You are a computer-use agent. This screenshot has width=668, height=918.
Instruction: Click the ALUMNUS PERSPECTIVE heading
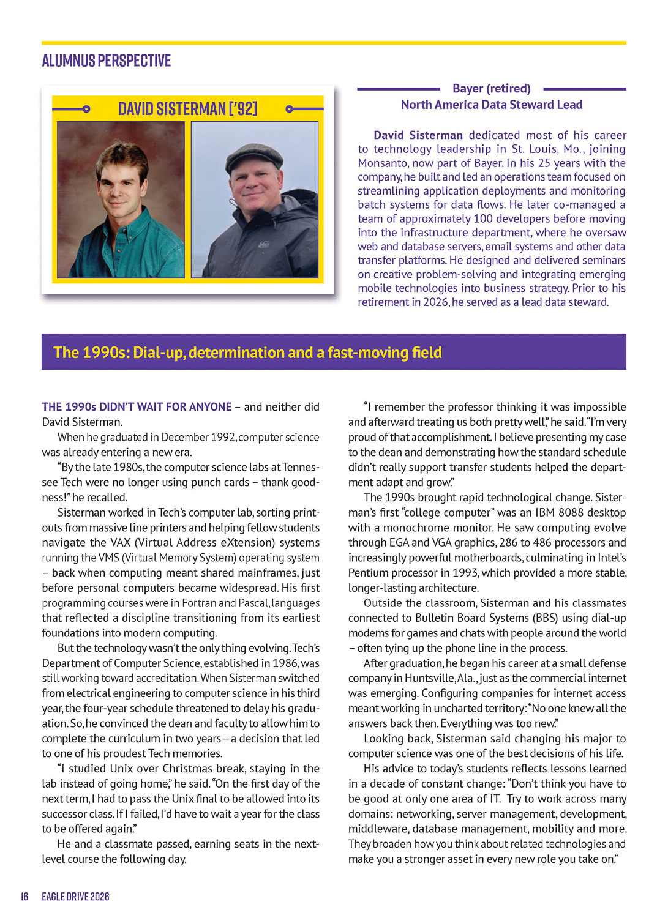pyautogui.click(x=106, y=61)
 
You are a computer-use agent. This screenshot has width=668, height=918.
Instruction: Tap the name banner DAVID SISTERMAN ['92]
pyautogui.click(x=187, y=109)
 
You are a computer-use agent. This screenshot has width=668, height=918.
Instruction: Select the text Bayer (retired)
pyautogui.click(x=491, y=89)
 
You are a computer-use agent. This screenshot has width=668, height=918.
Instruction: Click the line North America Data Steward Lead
pyautogui.click(x=491, y=105)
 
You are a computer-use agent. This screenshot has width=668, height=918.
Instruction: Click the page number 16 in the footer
pyautogui.click(x=24, y=897)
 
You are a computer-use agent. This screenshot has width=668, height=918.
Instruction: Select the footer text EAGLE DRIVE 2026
pyautogui.click(x=75, y=897)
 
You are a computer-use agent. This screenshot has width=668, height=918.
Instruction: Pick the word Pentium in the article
pyautogui.click(x=369, y=573)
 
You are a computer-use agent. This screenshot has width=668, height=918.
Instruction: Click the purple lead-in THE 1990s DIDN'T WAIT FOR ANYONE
pyautogui.click(x=137, y=407)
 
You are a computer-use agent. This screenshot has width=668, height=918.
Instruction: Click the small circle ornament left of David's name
pyautogui.click(x=86, y=109)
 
